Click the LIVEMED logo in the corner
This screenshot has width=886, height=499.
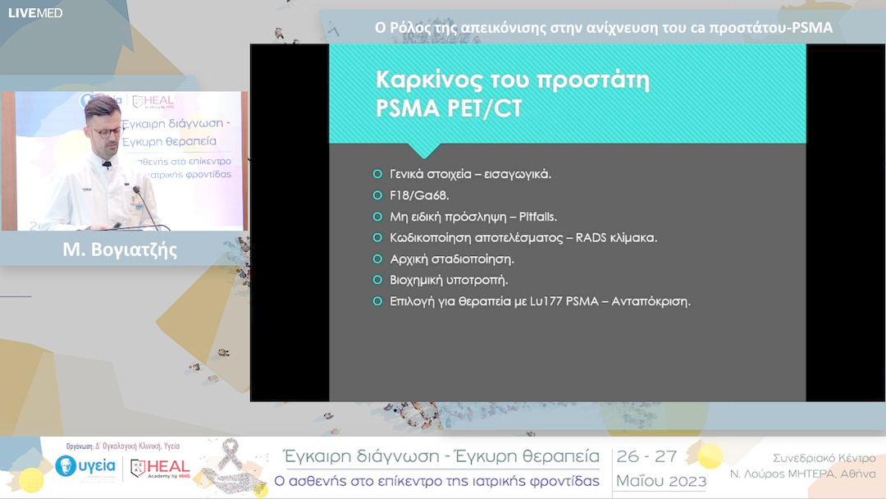(x=35, y=12)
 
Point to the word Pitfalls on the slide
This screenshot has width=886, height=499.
(x=537, y=217)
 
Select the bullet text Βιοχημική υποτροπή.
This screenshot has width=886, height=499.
(x=449, y=280)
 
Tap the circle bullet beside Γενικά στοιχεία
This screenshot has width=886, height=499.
(x=377, y=174)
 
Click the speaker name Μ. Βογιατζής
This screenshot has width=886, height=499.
(x=120, y=249)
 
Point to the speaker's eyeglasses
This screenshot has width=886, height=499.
(x=107, y=131)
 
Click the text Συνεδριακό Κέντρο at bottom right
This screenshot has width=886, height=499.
(x=824, y=458)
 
